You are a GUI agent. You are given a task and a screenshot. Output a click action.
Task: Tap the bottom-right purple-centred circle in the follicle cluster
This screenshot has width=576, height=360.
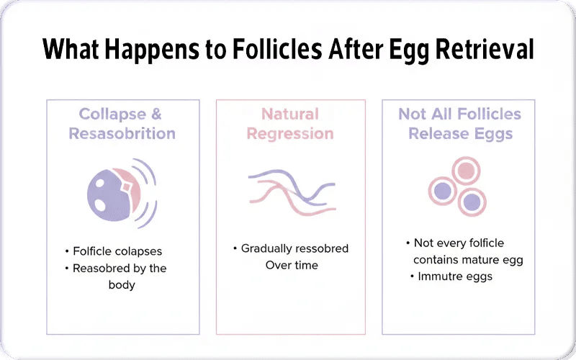point(472,201)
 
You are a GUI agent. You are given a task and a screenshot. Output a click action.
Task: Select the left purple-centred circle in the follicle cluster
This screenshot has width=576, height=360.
point(442,191)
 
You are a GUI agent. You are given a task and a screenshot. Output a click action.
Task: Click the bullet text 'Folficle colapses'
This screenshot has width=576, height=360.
point(117,251)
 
